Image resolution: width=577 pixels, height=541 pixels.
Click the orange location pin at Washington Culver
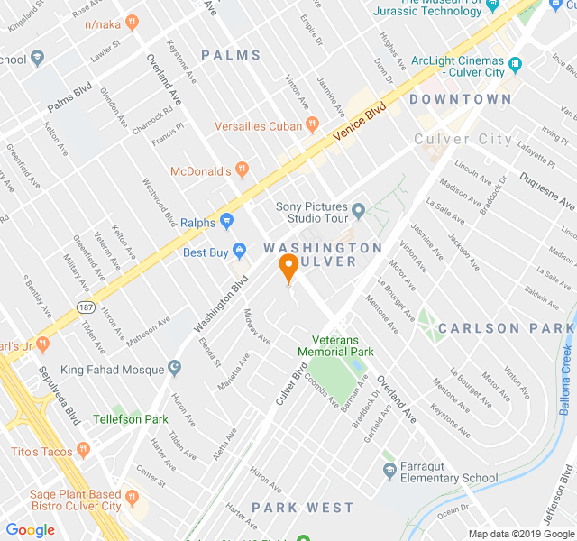pyautogui.click(x=288, y=268)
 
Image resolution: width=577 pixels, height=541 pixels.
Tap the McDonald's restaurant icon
pyautogui.click(x=241, y=170)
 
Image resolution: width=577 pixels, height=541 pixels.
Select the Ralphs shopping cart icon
pyautogui.click(x=226, y=221)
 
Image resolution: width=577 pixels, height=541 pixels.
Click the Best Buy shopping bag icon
pyautogui.click(x=239, y=252)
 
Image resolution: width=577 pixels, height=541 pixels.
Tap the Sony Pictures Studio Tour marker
pyautogui.click(x=359, y=212)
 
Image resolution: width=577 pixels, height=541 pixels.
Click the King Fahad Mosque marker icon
pyautogui.click(x=174, y=369)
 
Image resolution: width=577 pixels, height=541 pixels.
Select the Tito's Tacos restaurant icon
pyautogui.click(x=83, y=449)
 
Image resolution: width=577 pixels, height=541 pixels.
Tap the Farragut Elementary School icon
pyautogui.click(x=389, y=470)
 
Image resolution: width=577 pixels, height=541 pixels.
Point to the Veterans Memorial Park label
pyautogui.click(x=335, y=345)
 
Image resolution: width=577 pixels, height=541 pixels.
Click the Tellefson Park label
pyautogui.click(x=130, y=419)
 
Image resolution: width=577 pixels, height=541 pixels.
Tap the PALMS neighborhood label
pyautogui.click(x=231, y=55)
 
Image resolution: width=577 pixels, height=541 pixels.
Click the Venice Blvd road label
pyautogui.click(x=359, y=122)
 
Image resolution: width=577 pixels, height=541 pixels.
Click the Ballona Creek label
pyautogui.click(x=566, y=371)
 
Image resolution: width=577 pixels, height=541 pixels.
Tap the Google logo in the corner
pyautogui.click(x=30, y=530)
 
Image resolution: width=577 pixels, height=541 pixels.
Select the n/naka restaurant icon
pyautogui.click(x=133, y=21)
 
